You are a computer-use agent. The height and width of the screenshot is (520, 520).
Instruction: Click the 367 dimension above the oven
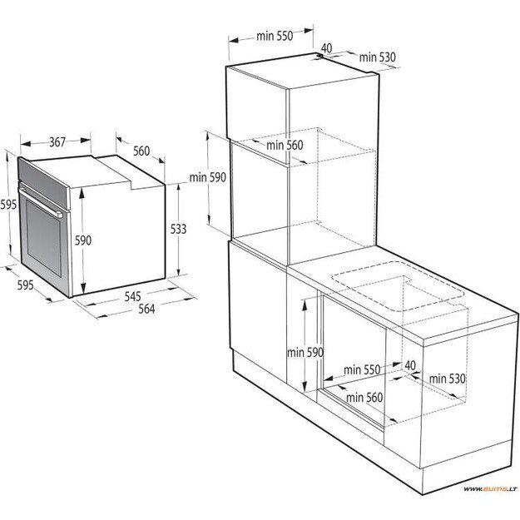56,142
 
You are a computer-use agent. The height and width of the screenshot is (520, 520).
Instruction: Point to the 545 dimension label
131,295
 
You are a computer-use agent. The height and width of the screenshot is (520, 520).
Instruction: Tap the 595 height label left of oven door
7,205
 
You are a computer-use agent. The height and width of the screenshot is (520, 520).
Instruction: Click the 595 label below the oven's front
24,285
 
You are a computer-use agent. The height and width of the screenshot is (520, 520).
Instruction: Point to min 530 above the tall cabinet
377,57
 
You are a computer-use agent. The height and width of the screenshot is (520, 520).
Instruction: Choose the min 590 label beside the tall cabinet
207,176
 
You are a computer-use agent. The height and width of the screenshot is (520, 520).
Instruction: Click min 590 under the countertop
304,352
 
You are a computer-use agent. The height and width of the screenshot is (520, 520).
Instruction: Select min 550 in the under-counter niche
361,369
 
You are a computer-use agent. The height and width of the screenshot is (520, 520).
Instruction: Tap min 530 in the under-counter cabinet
448,379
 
